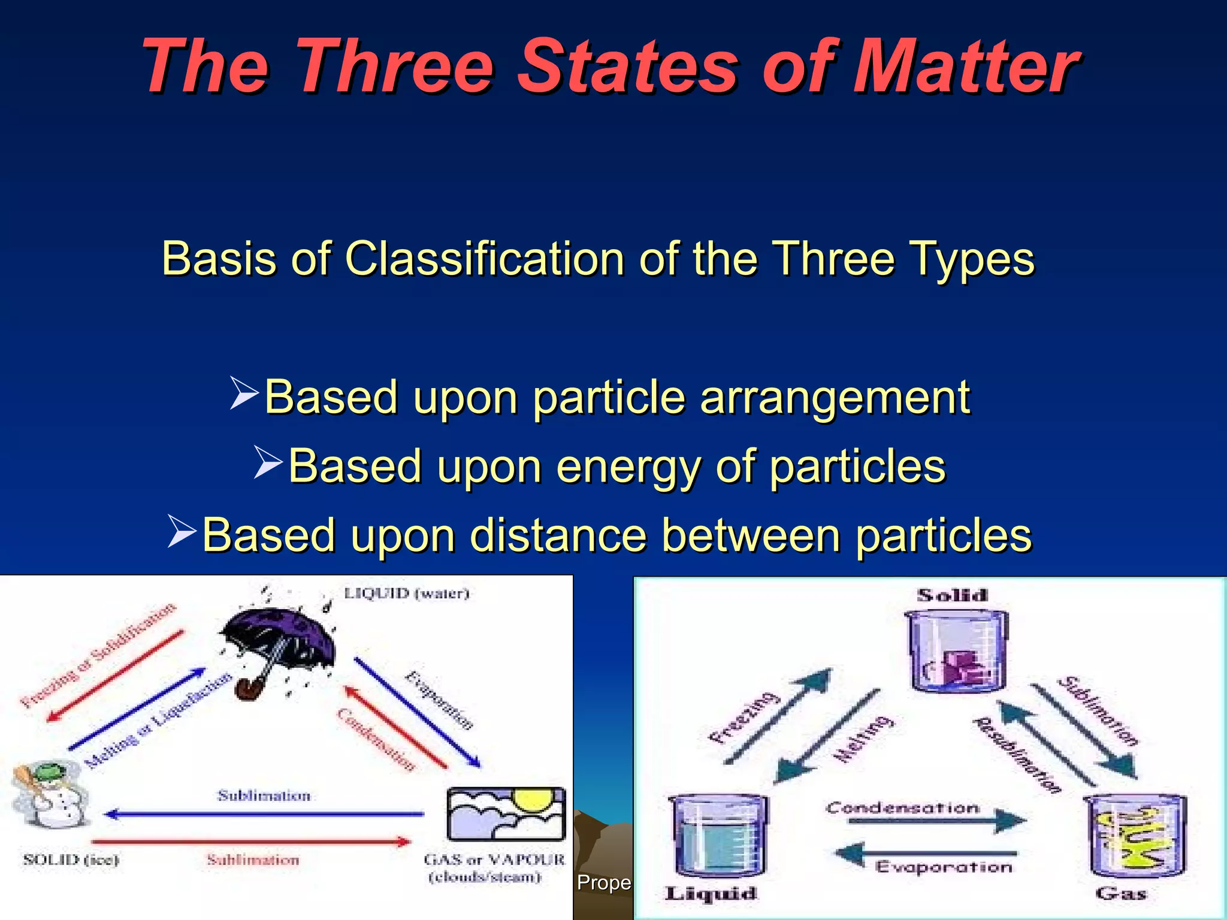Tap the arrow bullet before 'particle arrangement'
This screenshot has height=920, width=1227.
click(x=244, y=394)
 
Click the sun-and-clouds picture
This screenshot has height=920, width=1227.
click(x=506, y=815)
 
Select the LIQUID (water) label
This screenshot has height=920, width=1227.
click(x=406, y=594)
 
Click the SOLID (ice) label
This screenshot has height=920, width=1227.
click(x=71, y=860)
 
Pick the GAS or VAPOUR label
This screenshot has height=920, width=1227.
click(x=494, y=860)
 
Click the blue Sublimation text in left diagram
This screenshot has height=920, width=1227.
click(x=264, y=796)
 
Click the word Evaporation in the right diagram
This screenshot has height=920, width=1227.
click(x=944, y=867)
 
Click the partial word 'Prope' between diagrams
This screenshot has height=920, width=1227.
click(x=603, y=883)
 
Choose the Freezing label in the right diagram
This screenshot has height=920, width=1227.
click(x=744, y=718)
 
